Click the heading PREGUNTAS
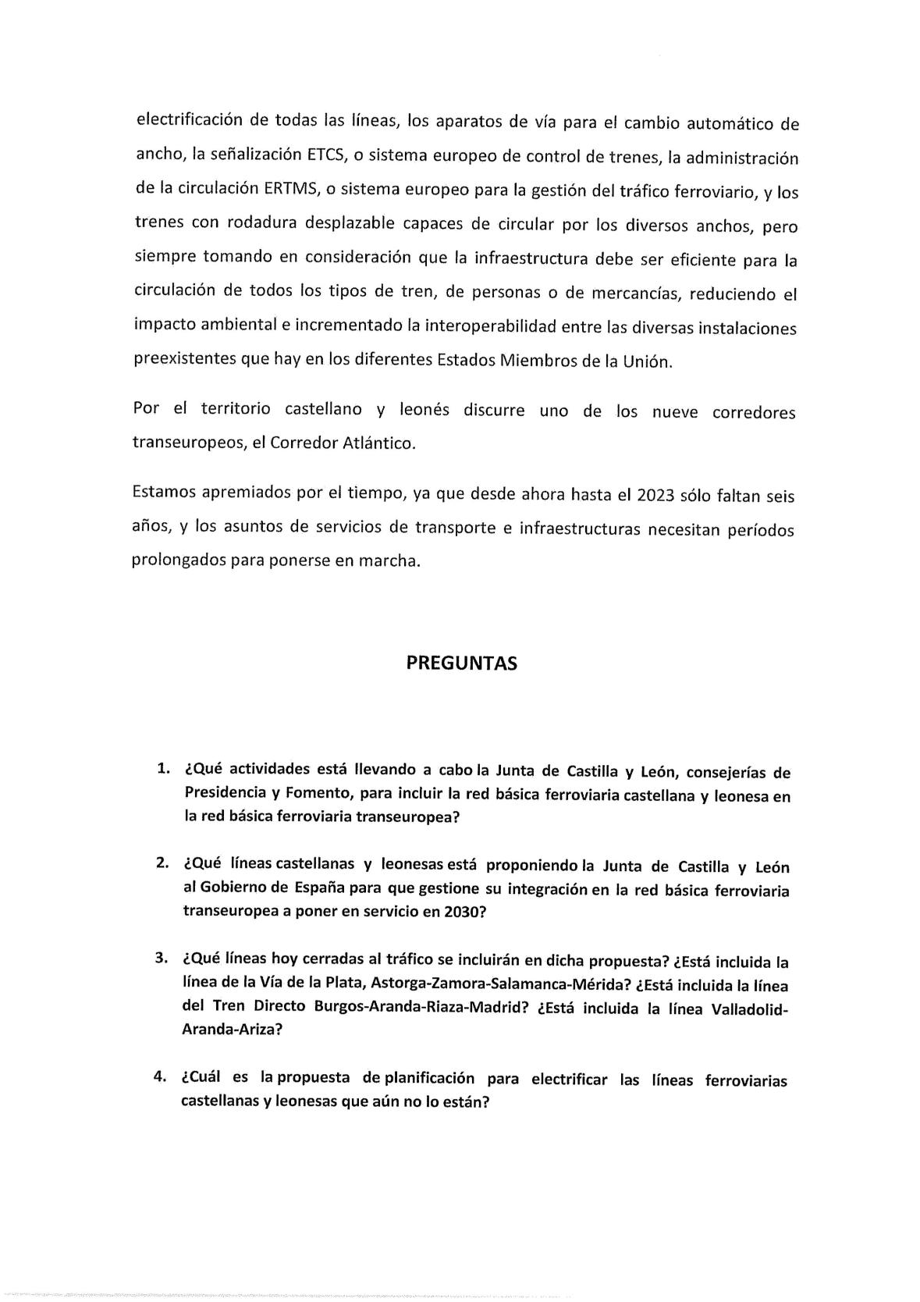[x=461, y=663]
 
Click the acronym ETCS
[x=328, y=155]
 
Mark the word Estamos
[x=165, y=493]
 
